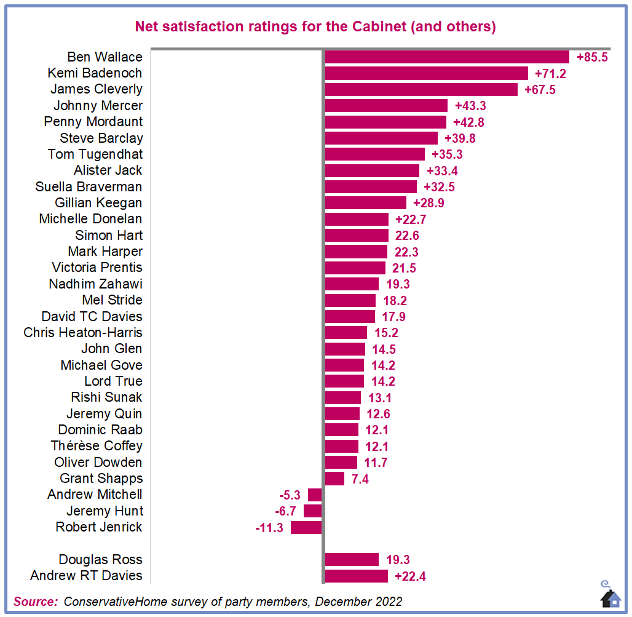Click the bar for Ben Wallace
pyautogui.click(x=446, y=57)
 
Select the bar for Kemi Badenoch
pyautogui.click(x=426, y=73)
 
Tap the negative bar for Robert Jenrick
pyautogui.click(x=306, y=527)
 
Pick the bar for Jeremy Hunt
pyautogui.click(x=312, y=511)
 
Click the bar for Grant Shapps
pyautogui.click(x=334, y=479)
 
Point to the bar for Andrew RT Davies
pyautogui.click(x=356, y=576)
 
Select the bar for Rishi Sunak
pyautogui.click(x=342, y=397)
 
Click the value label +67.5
pyautogui.click(x=540, y=90)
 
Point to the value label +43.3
pyautogui.click(x=470, y=106)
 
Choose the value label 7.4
pyautogui.click(x=360, y=479)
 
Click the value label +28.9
pyautogui.click(x=429, y=203)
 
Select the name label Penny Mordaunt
pyautogui.click(x=93, y=122)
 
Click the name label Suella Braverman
pyautogui.click(x=89, y=187)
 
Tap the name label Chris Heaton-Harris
pyautogui.click(x=83, y=333)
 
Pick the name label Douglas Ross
pyautogui.click(x=100, y=560)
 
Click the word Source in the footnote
pyautogui.click(x=35, y=602)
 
